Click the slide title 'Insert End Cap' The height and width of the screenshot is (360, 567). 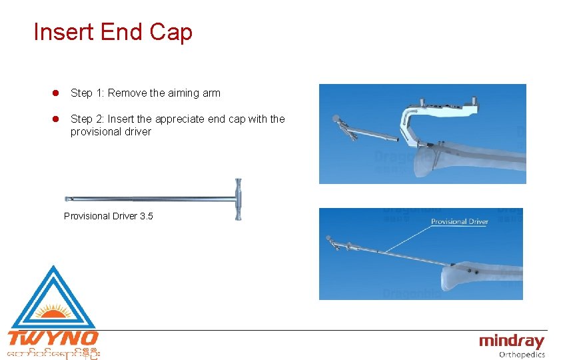click(x=113, y=32)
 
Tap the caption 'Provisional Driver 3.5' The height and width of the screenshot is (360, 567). click(x=108, y=216)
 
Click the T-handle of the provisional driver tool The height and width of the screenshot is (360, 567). click(x=238, y=199)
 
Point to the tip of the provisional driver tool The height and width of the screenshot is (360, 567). click(x=67, y=199)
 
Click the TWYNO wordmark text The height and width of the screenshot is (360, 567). click(x=53, y=338)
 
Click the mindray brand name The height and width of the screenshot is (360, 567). click(x=512, y=342)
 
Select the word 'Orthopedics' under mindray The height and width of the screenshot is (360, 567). click(x=522, y=355)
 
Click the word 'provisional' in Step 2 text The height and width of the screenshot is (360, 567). click(x=95, y=132)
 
